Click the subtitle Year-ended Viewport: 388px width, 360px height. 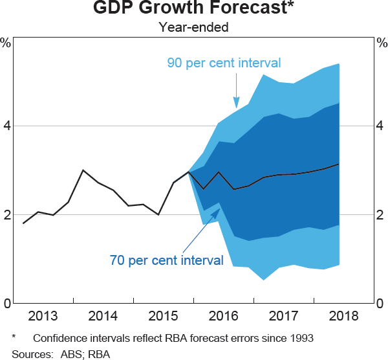[x=194, y=27]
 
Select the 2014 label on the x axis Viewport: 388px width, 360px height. [x=103, y=317]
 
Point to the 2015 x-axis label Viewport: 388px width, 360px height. [x=164, y=317]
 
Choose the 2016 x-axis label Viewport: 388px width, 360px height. [x=223, y=317]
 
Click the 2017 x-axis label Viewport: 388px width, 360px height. [x=283, y=317]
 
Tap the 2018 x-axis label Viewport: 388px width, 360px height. [x=343, y=317]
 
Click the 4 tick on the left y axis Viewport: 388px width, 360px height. [x=6, y=126]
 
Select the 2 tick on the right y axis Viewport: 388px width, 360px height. [x=382, y=215]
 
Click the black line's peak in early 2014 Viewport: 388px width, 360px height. [x=83, y=170]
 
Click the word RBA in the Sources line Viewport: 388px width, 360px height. [x=100, y=354]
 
